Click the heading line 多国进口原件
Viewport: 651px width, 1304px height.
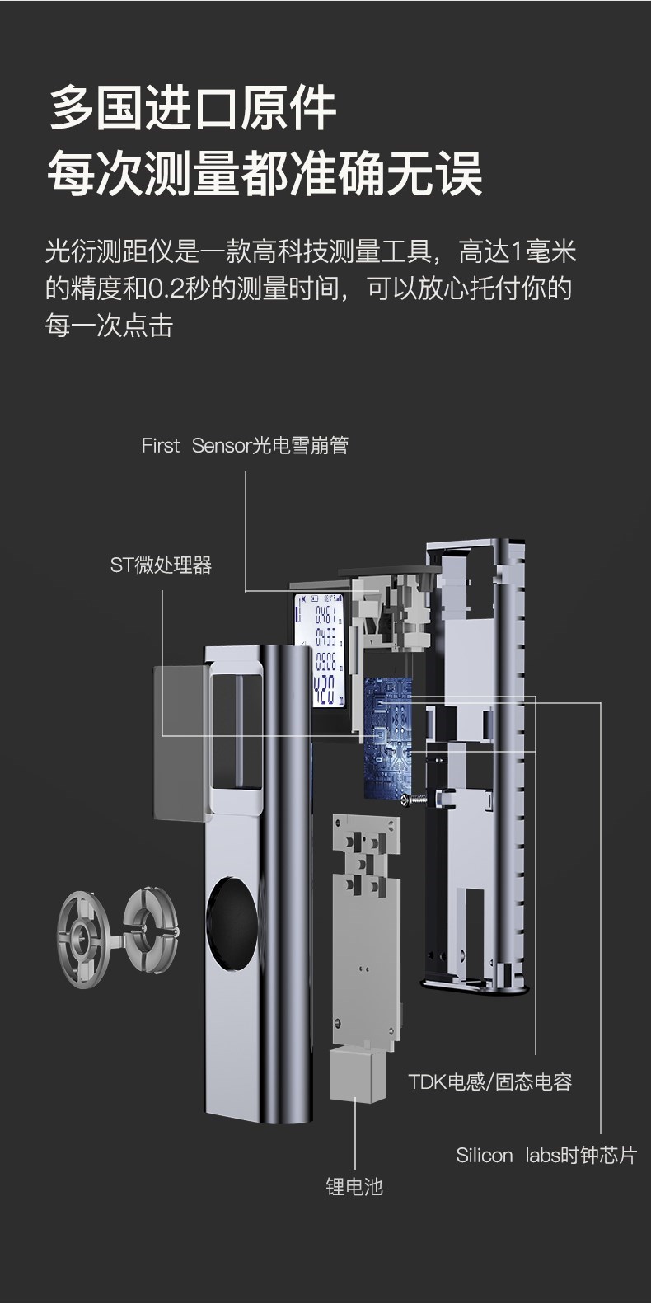(193, 108)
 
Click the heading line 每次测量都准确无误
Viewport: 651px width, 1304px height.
(265, 173)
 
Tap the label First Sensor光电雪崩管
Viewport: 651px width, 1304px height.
(245, 445)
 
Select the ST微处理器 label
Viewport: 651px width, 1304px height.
(162, 565)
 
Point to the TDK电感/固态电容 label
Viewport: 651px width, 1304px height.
(490, 1081)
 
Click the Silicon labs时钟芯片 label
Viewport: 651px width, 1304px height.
(546, 1156)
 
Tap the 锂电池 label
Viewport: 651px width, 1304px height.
(354, 1186)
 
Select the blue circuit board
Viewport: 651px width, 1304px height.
(387, 737)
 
